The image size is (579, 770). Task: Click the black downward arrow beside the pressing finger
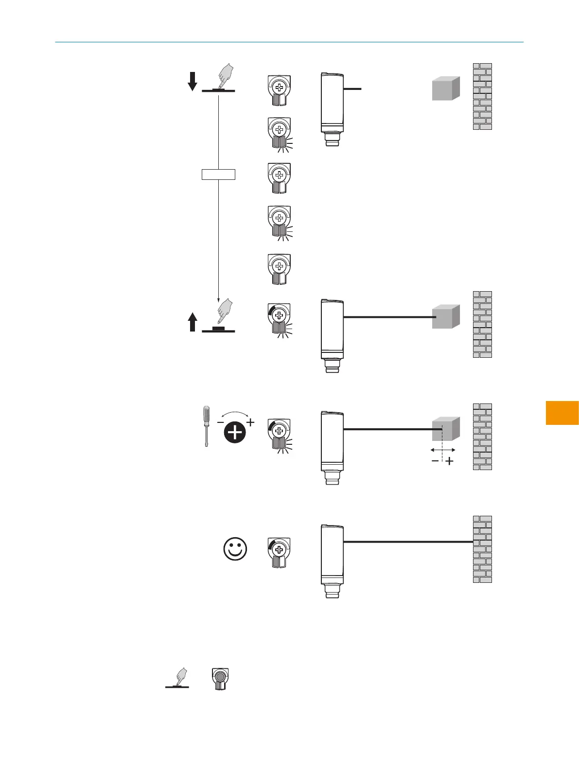[x=193, y=81]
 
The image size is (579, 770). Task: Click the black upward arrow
[x=193, y=322]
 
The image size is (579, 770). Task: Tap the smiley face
[x=235, y=549]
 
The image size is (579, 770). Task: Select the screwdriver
[x=207, y=426]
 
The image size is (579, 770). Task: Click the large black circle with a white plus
[x=235, y=432]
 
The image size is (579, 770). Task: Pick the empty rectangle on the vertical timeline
[x=218, y=174]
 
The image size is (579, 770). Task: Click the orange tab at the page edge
[x=562, y=413]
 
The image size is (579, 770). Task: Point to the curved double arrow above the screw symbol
[x=235, y=415]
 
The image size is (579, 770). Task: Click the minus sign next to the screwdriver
[x=220, y=422]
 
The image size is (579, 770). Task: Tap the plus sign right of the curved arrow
[x=250, y=422]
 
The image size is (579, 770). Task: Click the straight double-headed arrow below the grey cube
[x=443, y=450]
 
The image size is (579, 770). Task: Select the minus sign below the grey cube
[x=435, y=461]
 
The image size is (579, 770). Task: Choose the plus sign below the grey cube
[x=450, y=461]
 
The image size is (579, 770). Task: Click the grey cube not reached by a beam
[x=446, y=88]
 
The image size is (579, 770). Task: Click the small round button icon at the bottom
[x=220, y=678]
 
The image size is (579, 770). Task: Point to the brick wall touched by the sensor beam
[x=482, y=549]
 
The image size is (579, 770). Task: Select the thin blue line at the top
[x=289, y=42]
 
